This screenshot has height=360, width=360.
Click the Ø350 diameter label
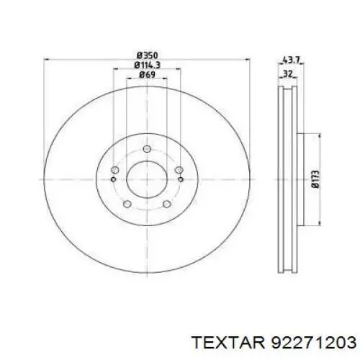(x=147, y=55)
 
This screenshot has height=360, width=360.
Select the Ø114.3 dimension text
(x=147, y=65)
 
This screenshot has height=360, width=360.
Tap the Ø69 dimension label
(x=147, y=75)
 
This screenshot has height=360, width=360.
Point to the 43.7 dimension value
(x=291, y=60)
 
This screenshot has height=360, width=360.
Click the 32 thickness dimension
(x=287, y=74)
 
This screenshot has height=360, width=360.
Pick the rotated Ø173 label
(x=316, y=179)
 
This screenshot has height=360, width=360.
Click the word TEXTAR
(x=229, y=343)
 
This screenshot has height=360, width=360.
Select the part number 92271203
(x=313, y=343)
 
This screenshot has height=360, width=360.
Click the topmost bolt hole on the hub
(x=147, y=149)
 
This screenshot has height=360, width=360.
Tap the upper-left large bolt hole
(x=115, y=170)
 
